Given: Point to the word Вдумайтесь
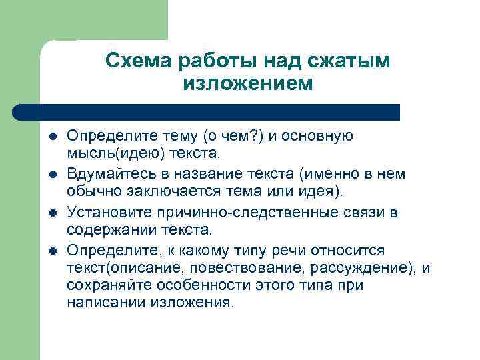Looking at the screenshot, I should click(x=107, y=174).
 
